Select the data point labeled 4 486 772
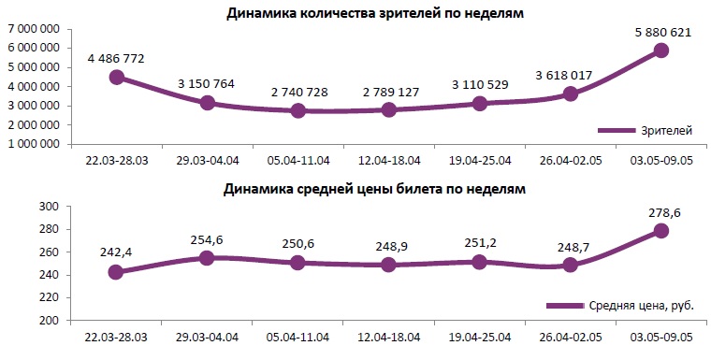(116, 77)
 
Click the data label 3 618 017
(570, 75)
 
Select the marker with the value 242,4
(116, 272)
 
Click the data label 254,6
(207, 240)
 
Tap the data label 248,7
(570, 246)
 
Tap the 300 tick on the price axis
(50, 207)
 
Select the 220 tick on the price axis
(50, 298)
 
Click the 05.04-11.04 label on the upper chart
(297, 161)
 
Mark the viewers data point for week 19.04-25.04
(479, 104)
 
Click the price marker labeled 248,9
(388, 265)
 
